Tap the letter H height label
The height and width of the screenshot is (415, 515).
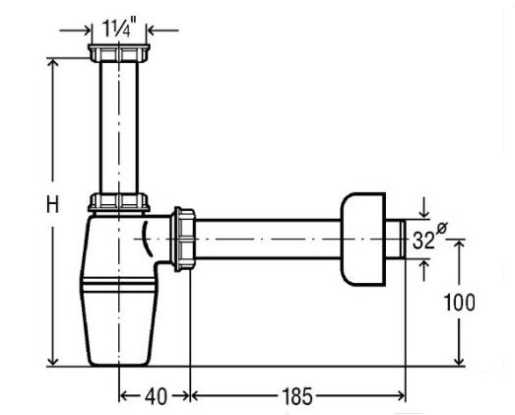pos(52,204)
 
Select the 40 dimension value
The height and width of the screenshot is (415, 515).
pos(156,396)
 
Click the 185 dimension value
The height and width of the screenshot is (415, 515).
pos(297,396)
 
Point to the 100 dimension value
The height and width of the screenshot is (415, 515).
pos(459,303)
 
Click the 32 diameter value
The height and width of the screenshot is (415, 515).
pos(423,241)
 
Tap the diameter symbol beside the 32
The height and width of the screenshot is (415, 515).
pos(442,228)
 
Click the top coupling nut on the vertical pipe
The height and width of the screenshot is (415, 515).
pos(119,53)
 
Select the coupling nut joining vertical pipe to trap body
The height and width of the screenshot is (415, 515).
pos(119,202)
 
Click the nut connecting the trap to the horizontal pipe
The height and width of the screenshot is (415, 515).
pos(183,240)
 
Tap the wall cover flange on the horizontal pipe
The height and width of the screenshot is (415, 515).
pos(362,240)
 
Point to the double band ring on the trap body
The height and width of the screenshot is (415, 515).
pos(118,285)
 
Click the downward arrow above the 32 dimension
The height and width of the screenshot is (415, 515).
pos(424,208)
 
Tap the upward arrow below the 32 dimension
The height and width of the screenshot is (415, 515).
pos(424,270)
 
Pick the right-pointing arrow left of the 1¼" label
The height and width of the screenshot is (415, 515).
pos(75,31)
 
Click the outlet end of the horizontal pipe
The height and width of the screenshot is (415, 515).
pos(403,240)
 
